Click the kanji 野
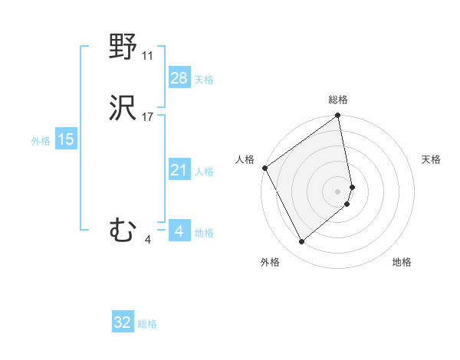pyautogui.click(x=123, y=48)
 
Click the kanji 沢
pyautogui.click(x=123, y=110)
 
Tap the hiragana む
pyautogui.click(x=123, y=231)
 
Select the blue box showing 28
pyautogui.click(x=179, y=78)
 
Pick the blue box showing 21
pyautogui.click(x=179, y=170)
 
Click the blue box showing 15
pyautogui.click(x=66, y=139)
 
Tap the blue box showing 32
pyautogui.click(x=123, y=322)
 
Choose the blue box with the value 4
pyautogui.click(x=179, y=231)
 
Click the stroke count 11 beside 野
pyautogui.click(x=148, y=56)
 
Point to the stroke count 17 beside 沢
pyautogui.click(x=148, y=117)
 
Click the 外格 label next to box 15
pyautogui.click(x=40, y=141)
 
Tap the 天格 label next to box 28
pyautogui.click(x=204, y=80)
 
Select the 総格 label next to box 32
pyautogui.click(x=148, y=324)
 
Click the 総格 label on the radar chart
pyautogui.click(x=338, y=100)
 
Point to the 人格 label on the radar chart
pyautogui.click(x=245, y=159)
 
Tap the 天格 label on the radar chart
pyautogui.click(x=431, y=159)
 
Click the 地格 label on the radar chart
pyautogui.click(x=402, y=262)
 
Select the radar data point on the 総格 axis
pyautogui.click(x=338, y=116)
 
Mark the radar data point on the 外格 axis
pyautogui.click(x=301, y=242)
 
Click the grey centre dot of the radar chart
pyautogui.click(x=338, y=191)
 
